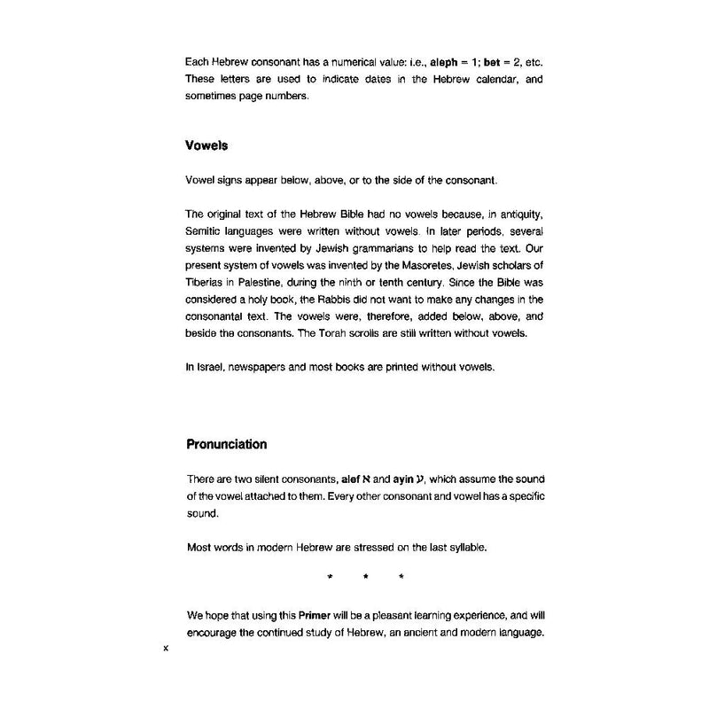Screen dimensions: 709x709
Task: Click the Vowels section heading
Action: click(x=210, y=146)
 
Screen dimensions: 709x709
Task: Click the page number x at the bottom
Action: click(x=167, y=649)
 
